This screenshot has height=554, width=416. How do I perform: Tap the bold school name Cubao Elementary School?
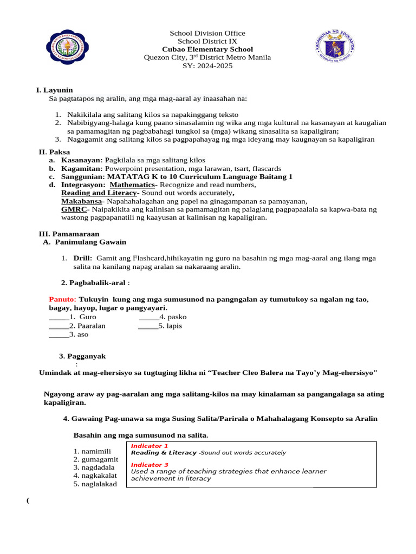click(x=207, y=49)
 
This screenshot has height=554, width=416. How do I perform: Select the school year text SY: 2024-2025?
click(x=207, y=65)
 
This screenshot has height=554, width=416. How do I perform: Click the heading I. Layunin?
click(x=54, y=90)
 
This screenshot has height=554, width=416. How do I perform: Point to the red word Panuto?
click(x=63, y=299)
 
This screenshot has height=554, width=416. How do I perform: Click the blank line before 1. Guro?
click(x=58, y=316)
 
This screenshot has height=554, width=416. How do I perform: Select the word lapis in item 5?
click(x=174, y=326)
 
